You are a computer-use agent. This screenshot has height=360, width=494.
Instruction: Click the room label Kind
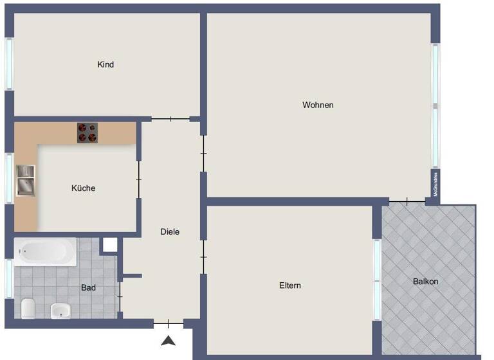[x=105, y=64]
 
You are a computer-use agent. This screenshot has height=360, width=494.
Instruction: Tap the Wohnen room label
[x=318, y=105]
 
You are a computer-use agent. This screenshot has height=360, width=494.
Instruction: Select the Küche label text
[x=84, y=188]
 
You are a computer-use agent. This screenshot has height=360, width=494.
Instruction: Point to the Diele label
[x=170, y=232]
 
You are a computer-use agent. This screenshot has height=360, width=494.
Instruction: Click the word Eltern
[x=290, y=285]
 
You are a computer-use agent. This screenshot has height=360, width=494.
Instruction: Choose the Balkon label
[x=426, y=282]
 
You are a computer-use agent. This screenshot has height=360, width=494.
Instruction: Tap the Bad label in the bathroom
[x=88, y=288]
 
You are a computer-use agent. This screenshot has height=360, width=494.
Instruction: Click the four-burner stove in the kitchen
[x=88, y=132]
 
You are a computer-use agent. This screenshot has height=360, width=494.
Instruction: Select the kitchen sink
[x=26, y=180]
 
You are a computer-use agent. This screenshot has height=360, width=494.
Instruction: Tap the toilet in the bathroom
[x=28, y=309]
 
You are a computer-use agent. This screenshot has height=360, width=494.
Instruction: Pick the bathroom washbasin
[x=60, y=311]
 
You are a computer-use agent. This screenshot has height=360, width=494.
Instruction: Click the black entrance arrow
[x=168, y=341]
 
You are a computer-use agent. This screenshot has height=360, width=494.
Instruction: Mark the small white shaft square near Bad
[x=110, y=245]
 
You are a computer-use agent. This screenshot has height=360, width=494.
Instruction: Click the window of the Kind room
[x=9, y=64]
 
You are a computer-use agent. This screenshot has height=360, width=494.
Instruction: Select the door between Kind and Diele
[x=170, y=119]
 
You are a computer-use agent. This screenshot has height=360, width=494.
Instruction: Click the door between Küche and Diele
[x=138, y=179]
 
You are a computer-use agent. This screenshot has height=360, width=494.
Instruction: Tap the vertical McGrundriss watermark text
[x=435, y=184]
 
